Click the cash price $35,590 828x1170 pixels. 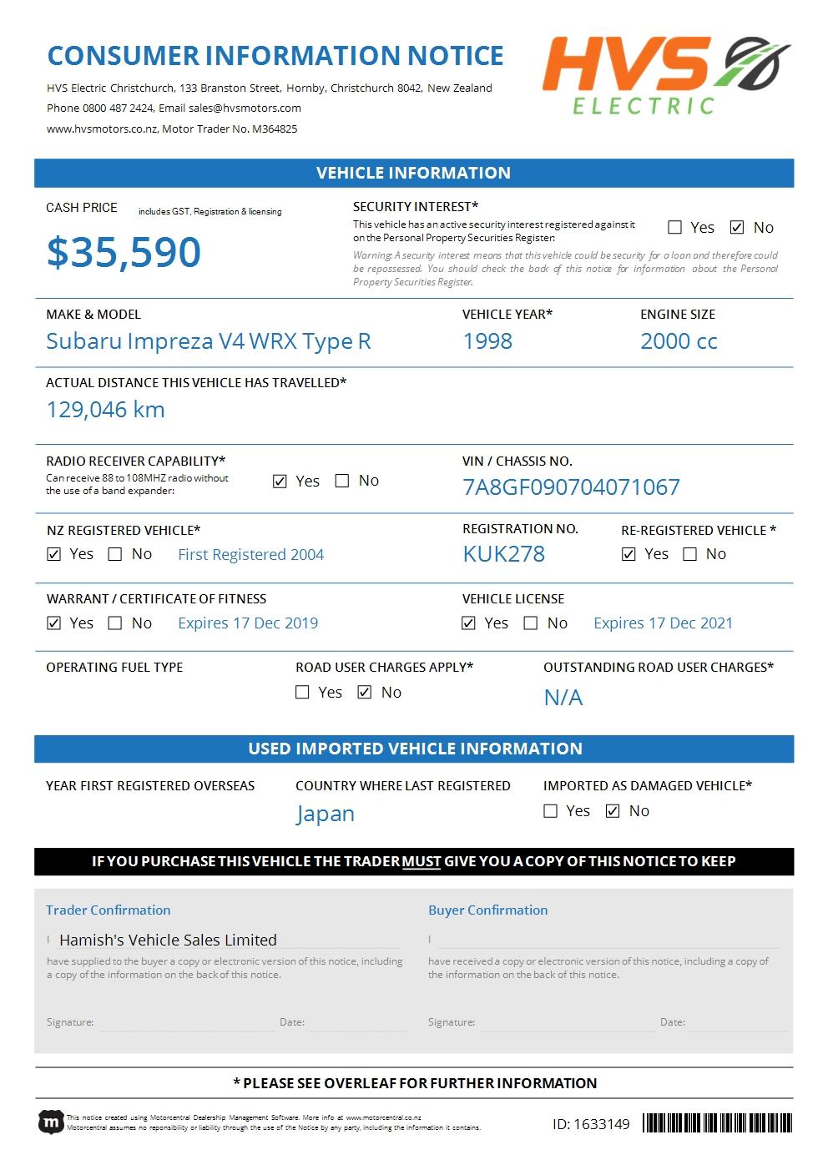[124, 252]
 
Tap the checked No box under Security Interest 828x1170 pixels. [737, 227]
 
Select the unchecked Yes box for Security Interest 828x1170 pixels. [675, 227]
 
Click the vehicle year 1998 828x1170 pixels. [487, 341]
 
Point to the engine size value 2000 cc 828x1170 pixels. [679, 341]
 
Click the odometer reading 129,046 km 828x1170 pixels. [105, 410]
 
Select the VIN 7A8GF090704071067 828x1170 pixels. [571, 487]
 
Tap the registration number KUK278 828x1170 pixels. [503, 554]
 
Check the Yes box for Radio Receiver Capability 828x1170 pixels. [280, 482]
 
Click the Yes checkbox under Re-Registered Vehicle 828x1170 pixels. [629, 554]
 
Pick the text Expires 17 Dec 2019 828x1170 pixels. [248, 623]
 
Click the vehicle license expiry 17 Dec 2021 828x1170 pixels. [663, 623]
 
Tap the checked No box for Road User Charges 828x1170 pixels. [364, 693]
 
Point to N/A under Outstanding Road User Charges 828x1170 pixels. [563, 698]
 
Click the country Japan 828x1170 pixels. [326, 814]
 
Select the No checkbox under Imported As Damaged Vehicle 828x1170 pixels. [613, 811]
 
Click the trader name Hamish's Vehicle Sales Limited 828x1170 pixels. [168, 940]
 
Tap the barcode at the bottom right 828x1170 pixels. [717, 1123]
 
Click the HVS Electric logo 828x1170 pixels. [665, 75]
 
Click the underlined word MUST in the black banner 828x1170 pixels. [422, 861]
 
